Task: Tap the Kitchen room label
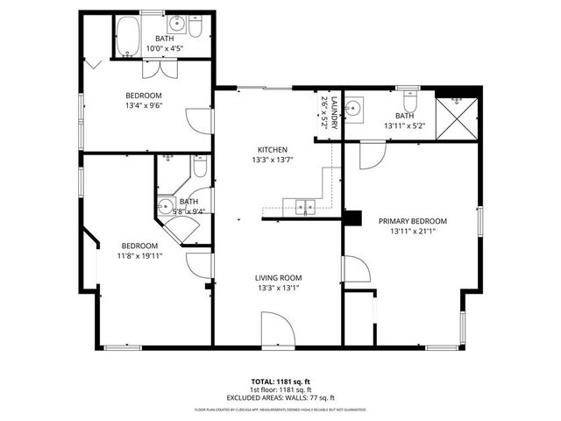pos(271,149)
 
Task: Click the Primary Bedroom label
pos(412,221)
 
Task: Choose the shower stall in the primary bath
pos(458,115)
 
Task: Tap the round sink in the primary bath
pos(353,110)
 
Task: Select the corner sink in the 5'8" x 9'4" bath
pos(165,208)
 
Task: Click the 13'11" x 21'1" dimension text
pos(412,232)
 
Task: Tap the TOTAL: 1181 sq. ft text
pos(280,382)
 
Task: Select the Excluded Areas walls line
pos(280,397)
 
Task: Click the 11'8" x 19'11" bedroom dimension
pos(139,257)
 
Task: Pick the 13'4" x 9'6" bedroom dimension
pos(145,106)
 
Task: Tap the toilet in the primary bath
pos(409,99)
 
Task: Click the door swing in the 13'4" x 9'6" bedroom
pos(200,121)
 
